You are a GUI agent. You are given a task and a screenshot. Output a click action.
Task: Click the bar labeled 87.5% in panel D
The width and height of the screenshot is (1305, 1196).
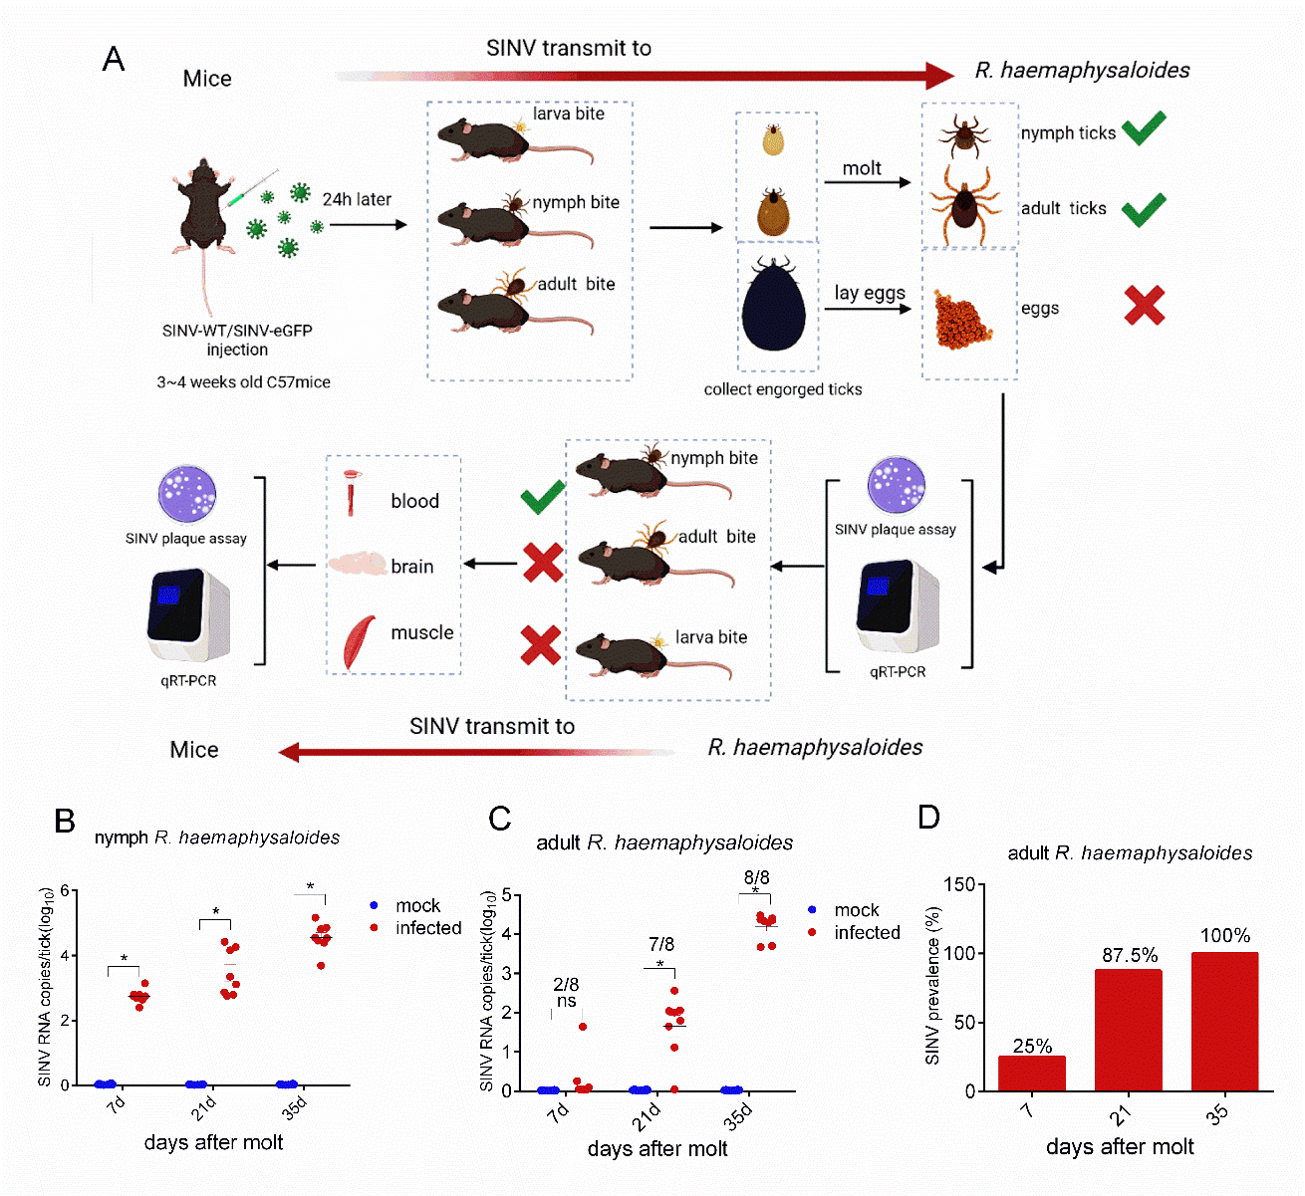[1128, 1030]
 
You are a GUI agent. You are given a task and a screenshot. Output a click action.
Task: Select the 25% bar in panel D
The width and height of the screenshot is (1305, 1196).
[1032, 1074]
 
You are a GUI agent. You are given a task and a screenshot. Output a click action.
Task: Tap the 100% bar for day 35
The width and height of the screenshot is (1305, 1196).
[1224, 1021]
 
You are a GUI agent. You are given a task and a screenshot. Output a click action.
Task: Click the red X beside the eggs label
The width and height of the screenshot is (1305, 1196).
[1144, 305]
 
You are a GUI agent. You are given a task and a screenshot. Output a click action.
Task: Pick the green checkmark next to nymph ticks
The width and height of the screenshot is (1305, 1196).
[1144, 128]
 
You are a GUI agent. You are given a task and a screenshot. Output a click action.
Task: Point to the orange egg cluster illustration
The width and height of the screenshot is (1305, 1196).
[961, 320]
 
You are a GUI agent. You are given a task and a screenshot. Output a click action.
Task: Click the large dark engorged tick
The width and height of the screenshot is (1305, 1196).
[773, 304]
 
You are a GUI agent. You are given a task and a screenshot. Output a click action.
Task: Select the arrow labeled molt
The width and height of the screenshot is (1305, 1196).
[868, 183]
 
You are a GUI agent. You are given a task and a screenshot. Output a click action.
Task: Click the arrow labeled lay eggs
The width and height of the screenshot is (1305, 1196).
[868, 309]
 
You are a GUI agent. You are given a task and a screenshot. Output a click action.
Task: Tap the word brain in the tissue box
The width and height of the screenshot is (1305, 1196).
[411, 567]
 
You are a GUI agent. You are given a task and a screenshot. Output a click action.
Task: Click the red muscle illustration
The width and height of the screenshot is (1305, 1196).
[359, 641]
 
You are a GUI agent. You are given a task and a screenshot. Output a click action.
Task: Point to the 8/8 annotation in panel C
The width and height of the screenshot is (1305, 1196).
[756, 877]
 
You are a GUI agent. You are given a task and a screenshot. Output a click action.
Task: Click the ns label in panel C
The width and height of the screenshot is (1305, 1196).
[566, 1001]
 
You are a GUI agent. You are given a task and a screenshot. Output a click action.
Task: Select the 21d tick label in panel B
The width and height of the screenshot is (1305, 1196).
[203, 1107]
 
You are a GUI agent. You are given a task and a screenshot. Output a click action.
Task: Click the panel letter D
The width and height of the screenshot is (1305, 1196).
[928, 817]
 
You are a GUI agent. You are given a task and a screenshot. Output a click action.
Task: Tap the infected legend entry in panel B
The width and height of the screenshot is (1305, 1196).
[415, 927]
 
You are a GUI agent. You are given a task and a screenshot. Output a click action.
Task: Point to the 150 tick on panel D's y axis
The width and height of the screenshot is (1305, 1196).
[959, 884]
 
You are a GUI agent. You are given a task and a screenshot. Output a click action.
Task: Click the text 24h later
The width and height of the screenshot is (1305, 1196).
[357, 199]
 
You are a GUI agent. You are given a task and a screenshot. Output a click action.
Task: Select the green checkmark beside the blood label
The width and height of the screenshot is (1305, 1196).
[542, 498]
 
